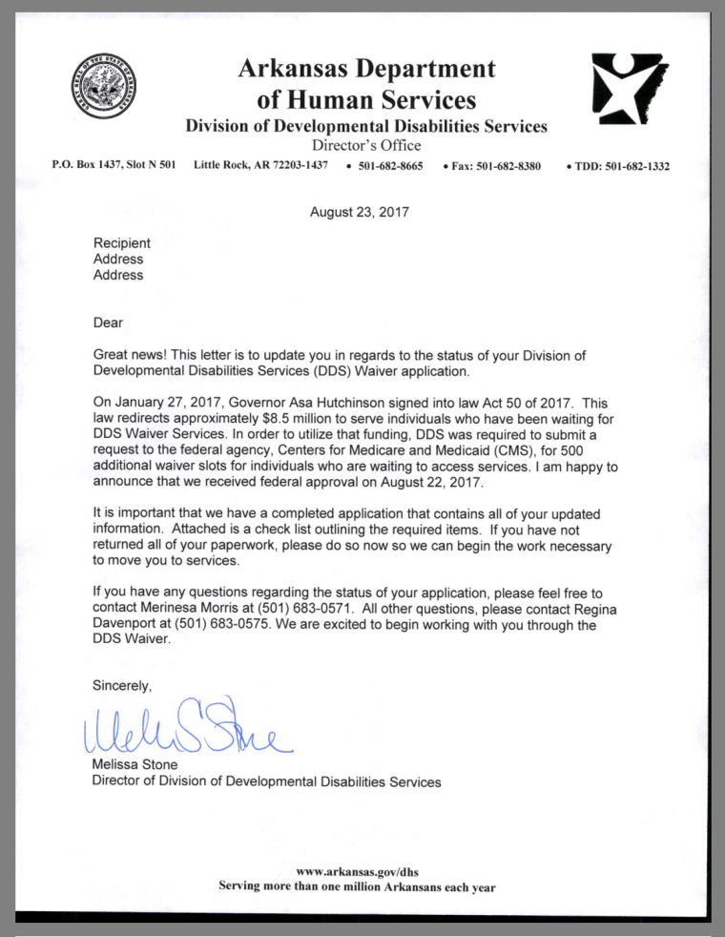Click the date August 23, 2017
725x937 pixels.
(x=360, y=212)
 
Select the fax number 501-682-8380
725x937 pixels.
(x=496, y=166)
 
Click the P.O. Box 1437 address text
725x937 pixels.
(x=114, y=166)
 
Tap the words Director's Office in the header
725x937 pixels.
(x=366, y=146)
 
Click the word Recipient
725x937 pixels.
(x=121, y=243)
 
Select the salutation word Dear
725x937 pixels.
(x=108, y=323)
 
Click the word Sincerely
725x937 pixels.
(x=121, y=685)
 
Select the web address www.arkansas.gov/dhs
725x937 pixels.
(x=357, y=871)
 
